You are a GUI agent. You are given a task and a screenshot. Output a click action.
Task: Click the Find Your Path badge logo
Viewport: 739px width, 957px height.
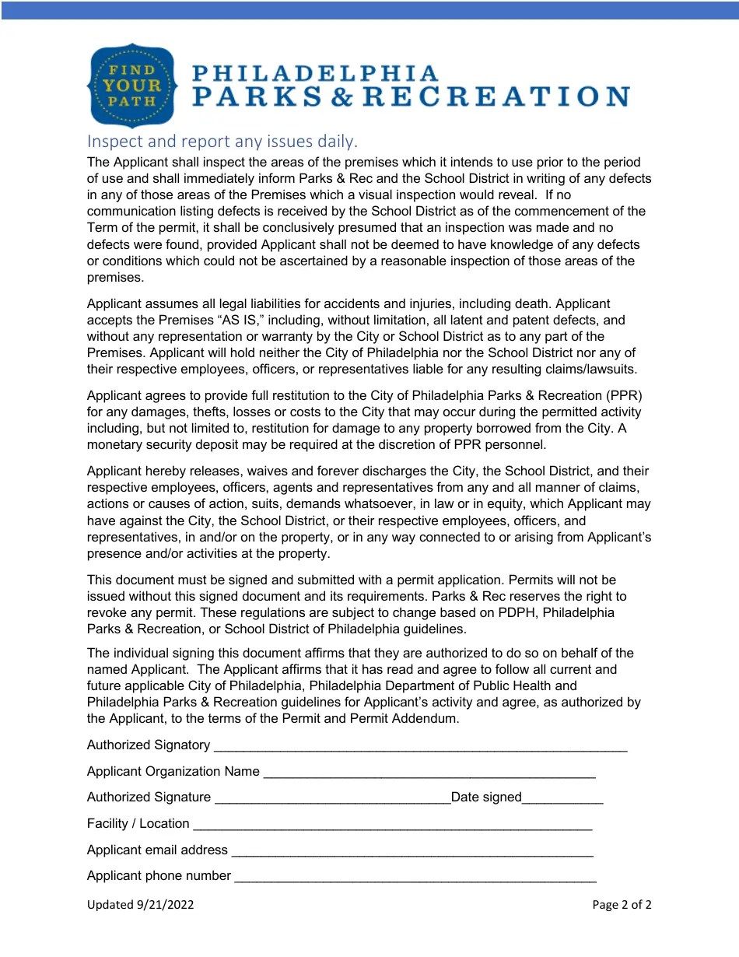pyautogui.click(x=133, y=85)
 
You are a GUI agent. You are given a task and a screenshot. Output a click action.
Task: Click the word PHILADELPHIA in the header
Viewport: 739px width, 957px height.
pyautogui.click(x=315, y=74)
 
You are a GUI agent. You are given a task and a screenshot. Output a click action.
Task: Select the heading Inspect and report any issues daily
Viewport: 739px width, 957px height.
pyautogui.click(x=222, y=141)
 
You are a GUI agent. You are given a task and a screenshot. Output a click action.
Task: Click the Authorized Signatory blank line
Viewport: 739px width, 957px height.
pyautogui.click(x=420, y=746)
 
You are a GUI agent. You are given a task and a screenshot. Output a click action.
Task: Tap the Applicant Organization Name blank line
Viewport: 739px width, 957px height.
pyautogui.click(x=429, y=773)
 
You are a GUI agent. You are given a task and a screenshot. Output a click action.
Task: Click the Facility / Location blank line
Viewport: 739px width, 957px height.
pyautogui.click(x=392, y=825)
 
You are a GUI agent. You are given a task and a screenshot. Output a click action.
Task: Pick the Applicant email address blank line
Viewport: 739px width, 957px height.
pyautogui.click(x=412, y=851)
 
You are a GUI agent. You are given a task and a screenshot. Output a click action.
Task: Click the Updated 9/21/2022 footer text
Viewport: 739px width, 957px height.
pyautogui.click(x=140, y=904)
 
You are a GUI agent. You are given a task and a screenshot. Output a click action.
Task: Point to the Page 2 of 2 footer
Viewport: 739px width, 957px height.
pyautogui.click(x=622, y=904)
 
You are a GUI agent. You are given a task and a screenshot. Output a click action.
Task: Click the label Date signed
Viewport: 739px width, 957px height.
pyautogui.click(x=486, y=797)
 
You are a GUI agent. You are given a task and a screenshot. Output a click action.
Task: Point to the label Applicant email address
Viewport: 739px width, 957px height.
pyautogui.click(x=157, y=850)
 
